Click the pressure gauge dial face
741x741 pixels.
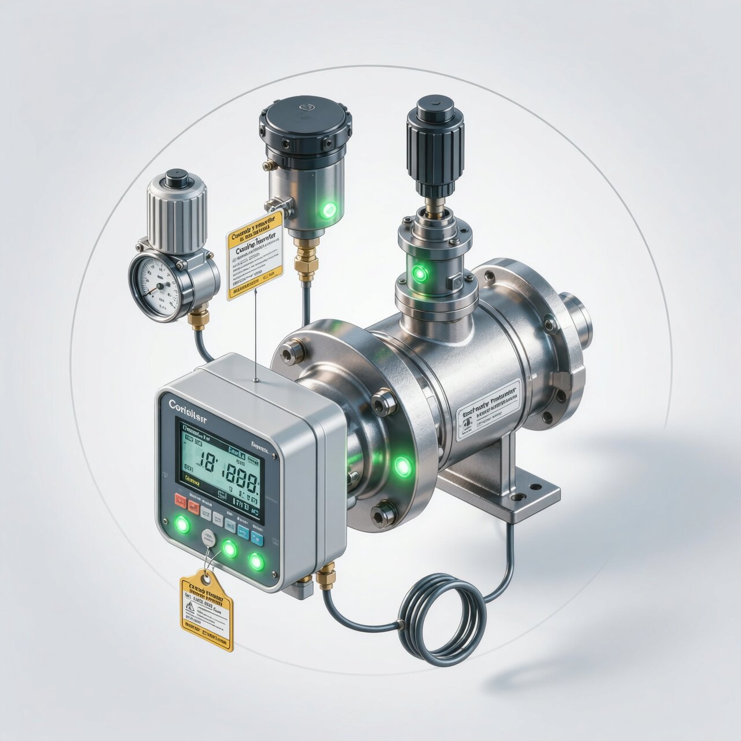point(155,284)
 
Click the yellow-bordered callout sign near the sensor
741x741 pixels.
point(255,255)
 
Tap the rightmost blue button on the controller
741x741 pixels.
point(258,540)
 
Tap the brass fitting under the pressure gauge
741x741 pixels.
point(199,319)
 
